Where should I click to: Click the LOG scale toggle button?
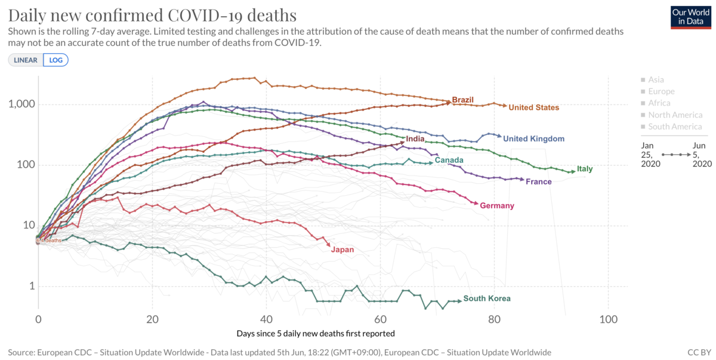(55, 60)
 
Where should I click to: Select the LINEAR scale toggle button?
(25, 60)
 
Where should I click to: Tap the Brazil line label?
(463, 99)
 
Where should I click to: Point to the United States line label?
(534, 107)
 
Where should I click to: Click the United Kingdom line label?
(533, 139)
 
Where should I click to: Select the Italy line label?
(585, 169)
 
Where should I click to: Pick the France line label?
(539, 181)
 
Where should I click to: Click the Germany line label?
(497, 206)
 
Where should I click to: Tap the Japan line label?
(342, 250)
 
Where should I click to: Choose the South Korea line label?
(487, 299)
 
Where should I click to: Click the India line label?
(415, 139)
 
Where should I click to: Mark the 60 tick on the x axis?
(380, 319)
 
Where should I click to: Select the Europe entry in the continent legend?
(661, 91)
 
